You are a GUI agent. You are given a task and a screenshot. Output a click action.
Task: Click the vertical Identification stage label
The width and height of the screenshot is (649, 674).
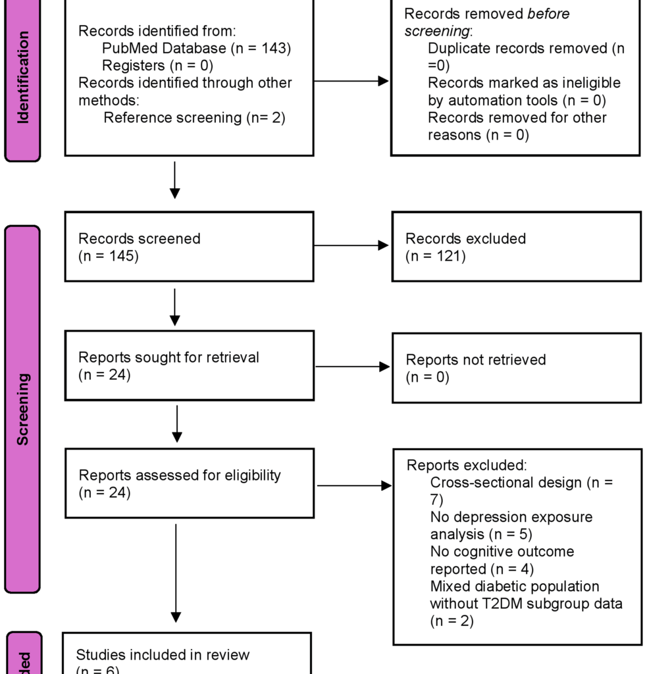(23, 78)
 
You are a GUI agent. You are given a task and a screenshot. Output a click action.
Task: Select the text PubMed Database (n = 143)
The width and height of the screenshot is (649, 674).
(196, 48)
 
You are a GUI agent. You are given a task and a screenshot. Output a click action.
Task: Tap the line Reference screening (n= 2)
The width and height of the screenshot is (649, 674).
(194, 118)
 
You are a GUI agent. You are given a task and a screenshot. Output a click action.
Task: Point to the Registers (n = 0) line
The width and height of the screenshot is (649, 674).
(158, 65)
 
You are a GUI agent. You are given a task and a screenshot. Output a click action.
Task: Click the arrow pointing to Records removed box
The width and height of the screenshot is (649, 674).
(351, 81)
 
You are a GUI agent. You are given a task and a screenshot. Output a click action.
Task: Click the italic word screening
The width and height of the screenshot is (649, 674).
(436, 32)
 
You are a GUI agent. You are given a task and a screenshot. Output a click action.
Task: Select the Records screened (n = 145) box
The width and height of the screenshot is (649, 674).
(189, 247)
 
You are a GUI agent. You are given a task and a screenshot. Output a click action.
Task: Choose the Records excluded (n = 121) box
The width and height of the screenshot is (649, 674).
(516, 247)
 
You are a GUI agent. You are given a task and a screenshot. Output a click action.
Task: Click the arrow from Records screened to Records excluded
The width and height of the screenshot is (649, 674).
(351, 246)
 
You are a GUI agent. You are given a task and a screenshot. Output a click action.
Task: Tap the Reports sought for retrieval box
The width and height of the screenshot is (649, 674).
(189, 366)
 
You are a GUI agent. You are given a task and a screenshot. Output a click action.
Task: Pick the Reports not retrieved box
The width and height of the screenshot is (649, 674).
(516, 368)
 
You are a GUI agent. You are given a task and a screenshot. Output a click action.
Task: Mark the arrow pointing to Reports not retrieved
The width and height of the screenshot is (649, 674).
(353, 367)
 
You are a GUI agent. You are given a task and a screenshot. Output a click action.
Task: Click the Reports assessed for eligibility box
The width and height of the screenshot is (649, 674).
(189, 483)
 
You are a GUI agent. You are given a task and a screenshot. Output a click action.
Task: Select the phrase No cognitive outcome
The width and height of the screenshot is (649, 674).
(502, 552)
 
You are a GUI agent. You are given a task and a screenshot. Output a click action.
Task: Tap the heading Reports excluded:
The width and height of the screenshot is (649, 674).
(466, 465)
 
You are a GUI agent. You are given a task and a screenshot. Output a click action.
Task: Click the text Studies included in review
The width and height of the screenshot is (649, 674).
(163, 655)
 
